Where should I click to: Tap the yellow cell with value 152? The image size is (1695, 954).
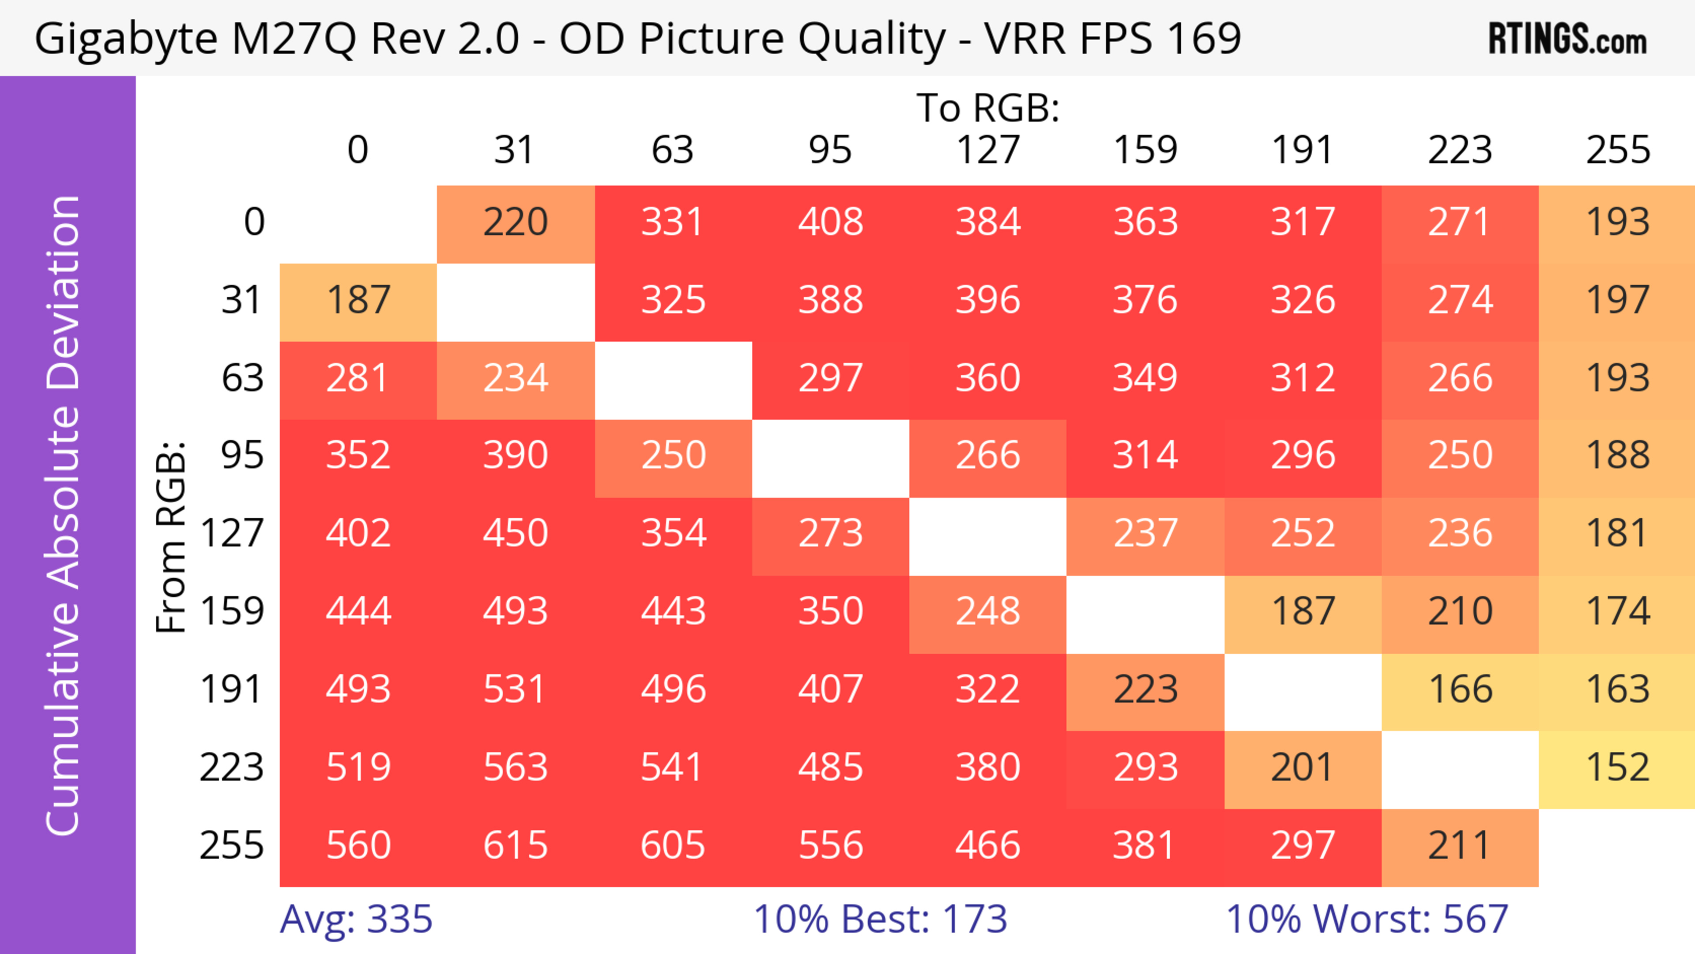[1617, 767]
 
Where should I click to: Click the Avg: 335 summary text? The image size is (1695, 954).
[356, 919]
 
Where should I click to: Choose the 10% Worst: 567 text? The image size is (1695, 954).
[1367, 919]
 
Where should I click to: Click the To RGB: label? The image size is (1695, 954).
[988, 108]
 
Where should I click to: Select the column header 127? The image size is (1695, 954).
[988, 150]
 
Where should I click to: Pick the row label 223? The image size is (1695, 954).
[232, 767]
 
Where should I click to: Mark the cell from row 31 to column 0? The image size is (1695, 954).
[358, 300]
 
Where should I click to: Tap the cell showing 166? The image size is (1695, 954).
[1459, 690]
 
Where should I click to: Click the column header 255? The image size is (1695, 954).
[1617, 150]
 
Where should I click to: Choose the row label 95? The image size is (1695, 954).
[242, 455]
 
